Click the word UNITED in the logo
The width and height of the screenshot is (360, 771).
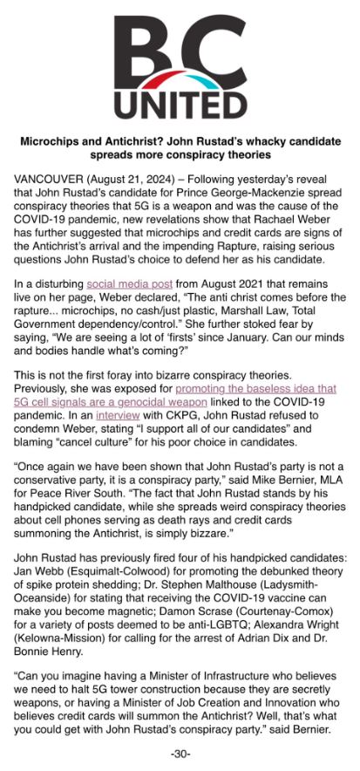[180, 105]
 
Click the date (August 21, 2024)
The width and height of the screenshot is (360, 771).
[132, 179]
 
